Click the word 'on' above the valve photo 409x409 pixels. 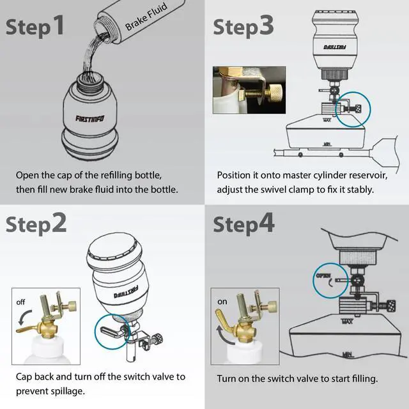tap(222, 302)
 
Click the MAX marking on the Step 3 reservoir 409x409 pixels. tap(327, 120)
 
